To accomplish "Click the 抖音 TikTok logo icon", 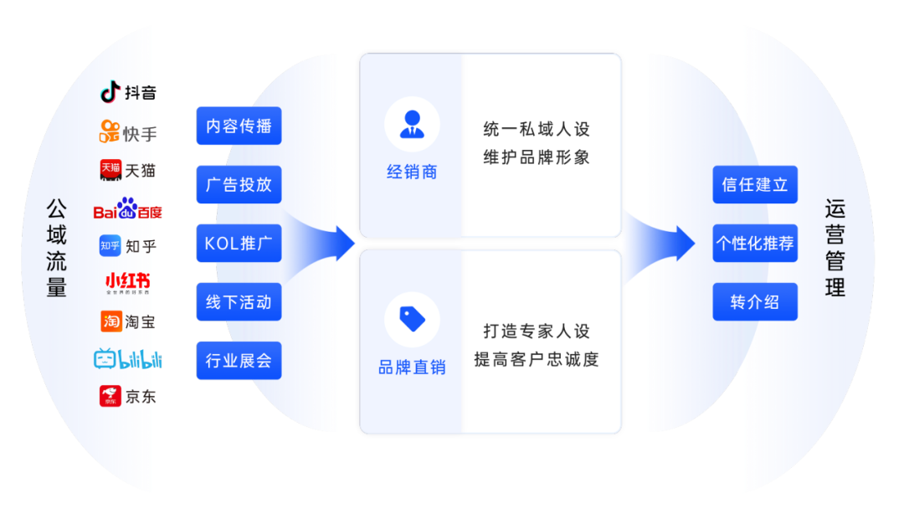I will pos(110,92).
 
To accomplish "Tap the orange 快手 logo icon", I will pos(110,131).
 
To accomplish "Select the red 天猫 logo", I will pos(110,170).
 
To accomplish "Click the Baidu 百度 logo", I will pos(127,209).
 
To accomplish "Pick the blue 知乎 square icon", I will pos(110,246).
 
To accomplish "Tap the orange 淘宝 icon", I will pos(110,321).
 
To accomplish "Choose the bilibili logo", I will pos(127,359).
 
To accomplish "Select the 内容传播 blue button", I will pos(239,126).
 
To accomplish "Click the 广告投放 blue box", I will pos(239,184).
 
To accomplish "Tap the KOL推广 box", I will pos(239,244).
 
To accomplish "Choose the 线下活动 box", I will pos(239,302).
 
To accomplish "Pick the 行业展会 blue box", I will pos(239,361).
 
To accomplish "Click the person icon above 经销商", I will pos(412,124).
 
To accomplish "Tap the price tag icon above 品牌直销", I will pos(412,319).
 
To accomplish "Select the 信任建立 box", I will pos(755,184).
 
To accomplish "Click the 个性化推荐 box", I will pos(755,244).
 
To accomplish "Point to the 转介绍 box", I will pos(755,302).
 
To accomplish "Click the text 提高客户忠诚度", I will pos(537,360).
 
